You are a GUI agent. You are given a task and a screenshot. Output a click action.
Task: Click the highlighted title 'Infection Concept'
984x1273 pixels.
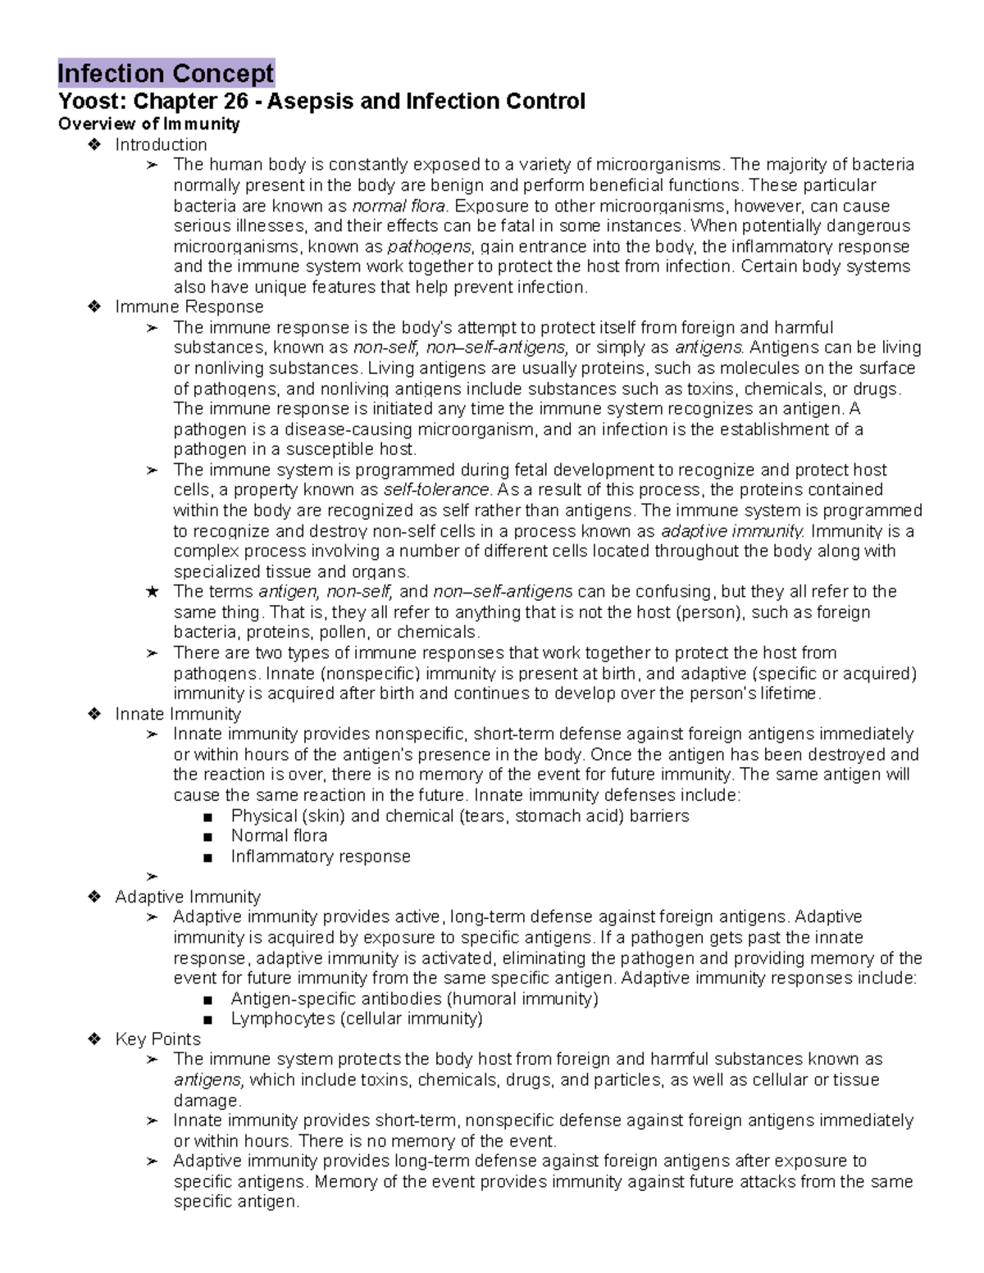[166, 74]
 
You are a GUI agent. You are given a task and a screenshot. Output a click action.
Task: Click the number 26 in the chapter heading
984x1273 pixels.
[231, 102]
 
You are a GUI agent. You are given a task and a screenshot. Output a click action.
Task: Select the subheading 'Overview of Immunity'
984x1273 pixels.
[148, 124]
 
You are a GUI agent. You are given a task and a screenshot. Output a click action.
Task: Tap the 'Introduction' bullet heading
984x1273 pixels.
[161, 145]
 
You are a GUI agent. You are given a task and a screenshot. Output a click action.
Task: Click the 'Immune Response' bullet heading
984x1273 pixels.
[189, 307]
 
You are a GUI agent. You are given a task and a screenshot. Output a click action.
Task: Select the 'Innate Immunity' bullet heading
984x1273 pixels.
[178, 714]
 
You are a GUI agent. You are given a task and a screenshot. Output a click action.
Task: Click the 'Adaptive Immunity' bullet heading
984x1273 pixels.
[187, 897]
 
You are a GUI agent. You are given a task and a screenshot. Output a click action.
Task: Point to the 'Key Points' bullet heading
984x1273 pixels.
[157, 1039]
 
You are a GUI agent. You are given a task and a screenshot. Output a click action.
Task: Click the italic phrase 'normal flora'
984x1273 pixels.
[399, 206]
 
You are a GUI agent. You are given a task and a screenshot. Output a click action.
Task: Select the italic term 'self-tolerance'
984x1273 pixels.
[436, 490]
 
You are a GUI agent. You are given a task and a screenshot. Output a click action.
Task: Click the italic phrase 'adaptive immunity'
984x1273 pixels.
[732, 531]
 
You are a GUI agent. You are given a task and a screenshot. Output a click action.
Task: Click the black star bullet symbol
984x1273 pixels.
[151, 592]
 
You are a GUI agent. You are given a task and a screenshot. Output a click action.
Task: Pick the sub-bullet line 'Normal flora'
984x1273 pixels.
[279, 836]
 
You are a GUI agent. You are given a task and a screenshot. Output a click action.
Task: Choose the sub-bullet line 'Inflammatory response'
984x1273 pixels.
[321, 857]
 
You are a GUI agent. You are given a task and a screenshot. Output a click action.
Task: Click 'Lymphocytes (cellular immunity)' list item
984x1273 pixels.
[357, 1019]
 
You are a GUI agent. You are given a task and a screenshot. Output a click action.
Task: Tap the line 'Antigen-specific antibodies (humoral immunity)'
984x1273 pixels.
[414, 999]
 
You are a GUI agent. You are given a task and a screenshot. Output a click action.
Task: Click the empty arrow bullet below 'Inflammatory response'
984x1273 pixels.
[151, 876]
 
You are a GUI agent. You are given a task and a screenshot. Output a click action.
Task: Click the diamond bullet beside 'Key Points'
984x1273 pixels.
[94, 1039]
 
